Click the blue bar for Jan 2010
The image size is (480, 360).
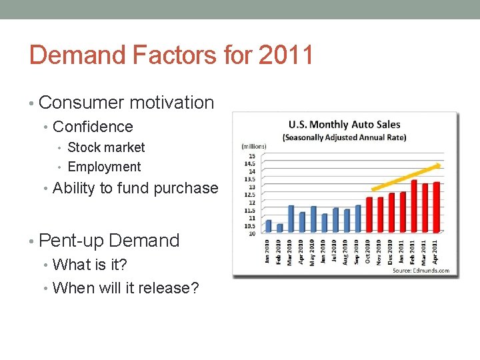(x=269, y=226)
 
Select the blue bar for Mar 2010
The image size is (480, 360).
(x=291, y=219)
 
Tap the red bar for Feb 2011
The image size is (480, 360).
(x=414, y=206)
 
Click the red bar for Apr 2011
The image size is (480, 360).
(x=437, y=207)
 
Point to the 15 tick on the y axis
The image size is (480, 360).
(x=251, y=156)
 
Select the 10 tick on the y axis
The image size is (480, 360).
(x=251, y=233)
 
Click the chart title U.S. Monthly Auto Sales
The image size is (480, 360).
(x=344, y=125)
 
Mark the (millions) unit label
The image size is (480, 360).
(x=253, y=146)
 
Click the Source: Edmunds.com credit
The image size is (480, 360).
(x=421, y=271)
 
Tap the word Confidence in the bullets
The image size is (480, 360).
(x=93, y=127)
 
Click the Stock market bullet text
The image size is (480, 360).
(x=106, y=147)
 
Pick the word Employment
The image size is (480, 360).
(x=104, y=167)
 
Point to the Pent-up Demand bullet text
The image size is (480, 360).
(x=109, y=240)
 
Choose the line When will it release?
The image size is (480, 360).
(x=125, y=288)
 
